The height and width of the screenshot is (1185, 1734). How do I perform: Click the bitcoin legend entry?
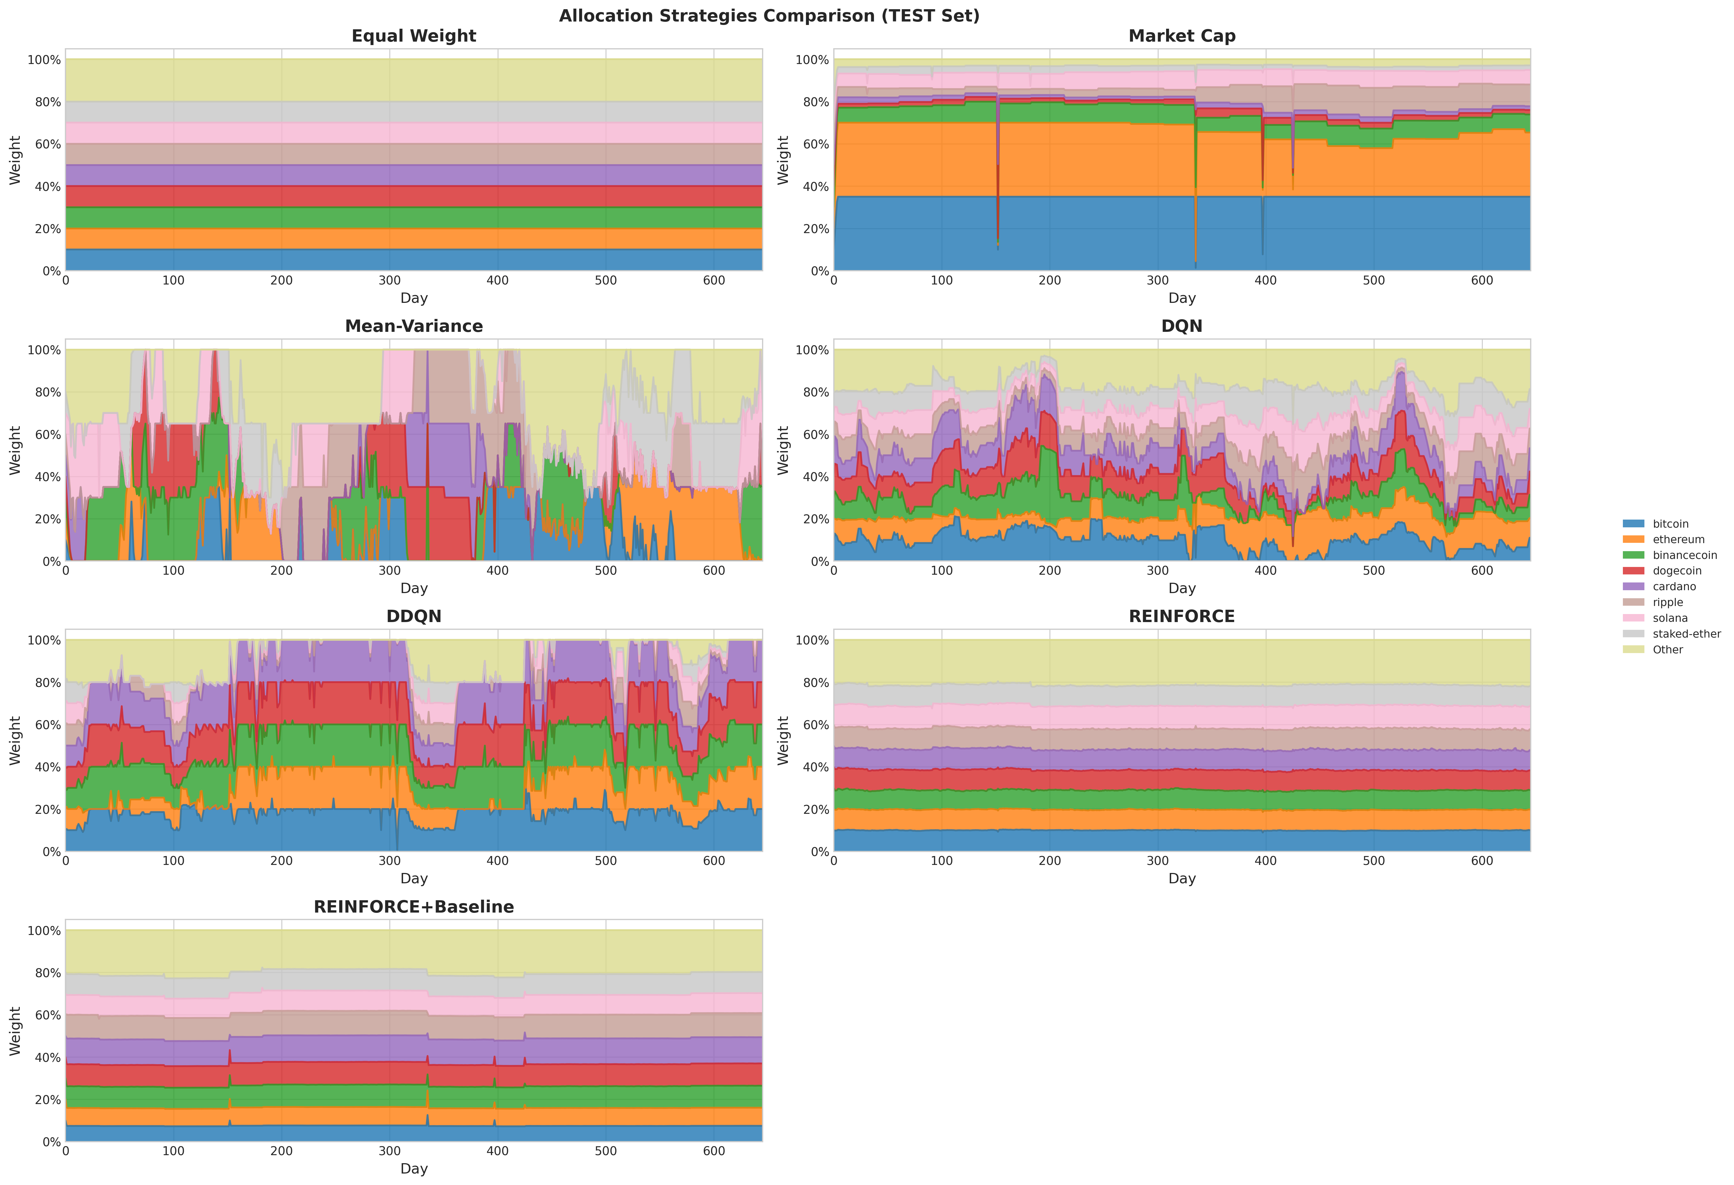(1670, 524)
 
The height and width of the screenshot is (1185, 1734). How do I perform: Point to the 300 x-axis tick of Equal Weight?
(389, 280)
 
